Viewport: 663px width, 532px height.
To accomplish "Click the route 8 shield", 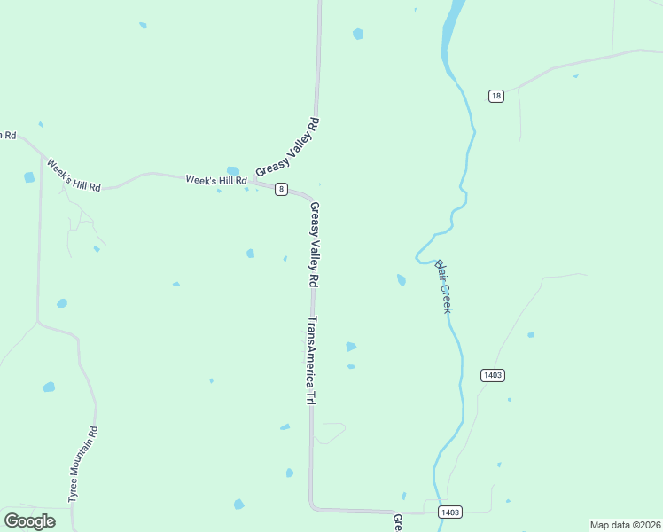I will [281, 189].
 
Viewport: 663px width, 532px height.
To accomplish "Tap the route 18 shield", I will [495, 96].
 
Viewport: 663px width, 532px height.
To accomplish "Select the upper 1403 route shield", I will [493, 375].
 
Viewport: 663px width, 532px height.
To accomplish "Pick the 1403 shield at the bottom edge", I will [450, 512].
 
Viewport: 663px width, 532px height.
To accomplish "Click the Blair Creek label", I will [443, 286].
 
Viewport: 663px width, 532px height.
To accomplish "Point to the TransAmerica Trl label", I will [311, 361].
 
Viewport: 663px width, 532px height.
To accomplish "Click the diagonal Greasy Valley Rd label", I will [286, 145].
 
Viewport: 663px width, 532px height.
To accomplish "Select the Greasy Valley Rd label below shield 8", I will [314, 244].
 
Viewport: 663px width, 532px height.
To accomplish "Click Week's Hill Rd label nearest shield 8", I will [215, 180].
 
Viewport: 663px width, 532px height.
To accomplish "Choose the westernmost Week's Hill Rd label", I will [74, 176].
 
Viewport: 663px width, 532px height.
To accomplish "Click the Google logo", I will [30, 521].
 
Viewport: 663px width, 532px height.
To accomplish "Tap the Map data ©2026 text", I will [625, 525].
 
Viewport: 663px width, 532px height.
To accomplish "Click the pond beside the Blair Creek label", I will [402, 280].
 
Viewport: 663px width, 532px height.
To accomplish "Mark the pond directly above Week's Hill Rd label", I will [233, 170].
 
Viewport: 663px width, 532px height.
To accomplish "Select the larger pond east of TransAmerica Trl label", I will [351, 347].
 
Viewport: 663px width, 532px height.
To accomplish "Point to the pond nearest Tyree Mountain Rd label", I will [49, 387].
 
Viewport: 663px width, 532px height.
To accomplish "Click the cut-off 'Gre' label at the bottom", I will [398, 522].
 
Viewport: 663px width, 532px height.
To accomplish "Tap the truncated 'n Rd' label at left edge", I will [8, 135].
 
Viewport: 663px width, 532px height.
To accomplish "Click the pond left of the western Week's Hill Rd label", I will [29, 177].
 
